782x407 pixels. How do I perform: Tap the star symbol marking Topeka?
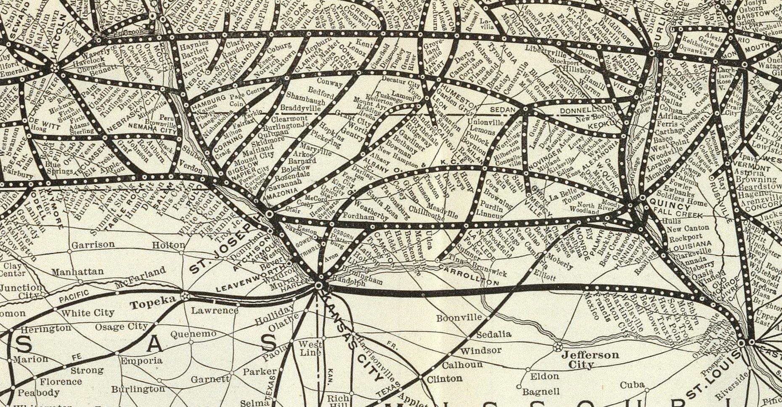pos(185,296)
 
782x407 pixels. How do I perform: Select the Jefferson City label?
pos(590,359)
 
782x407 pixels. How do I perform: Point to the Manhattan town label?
pos(77,271)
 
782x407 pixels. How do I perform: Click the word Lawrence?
pos(215,311)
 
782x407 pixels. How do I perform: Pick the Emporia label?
pos(141,360)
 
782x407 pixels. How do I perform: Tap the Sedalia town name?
pos(493,334)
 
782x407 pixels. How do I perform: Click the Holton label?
pos(168,245)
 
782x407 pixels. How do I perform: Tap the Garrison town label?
pos(93,245)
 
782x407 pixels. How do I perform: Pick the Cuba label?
pos(632,385)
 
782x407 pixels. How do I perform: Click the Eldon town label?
pos(544,376)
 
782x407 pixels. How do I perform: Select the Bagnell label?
pos(541,392)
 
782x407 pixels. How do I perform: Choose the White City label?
pos(87,313)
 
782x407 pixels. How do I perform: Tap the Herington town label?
pos(46,327)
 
